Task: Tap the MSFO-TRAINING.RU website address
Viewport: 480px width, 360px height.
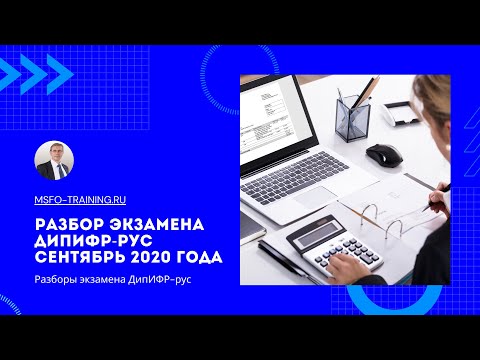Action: coord(79,200)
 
